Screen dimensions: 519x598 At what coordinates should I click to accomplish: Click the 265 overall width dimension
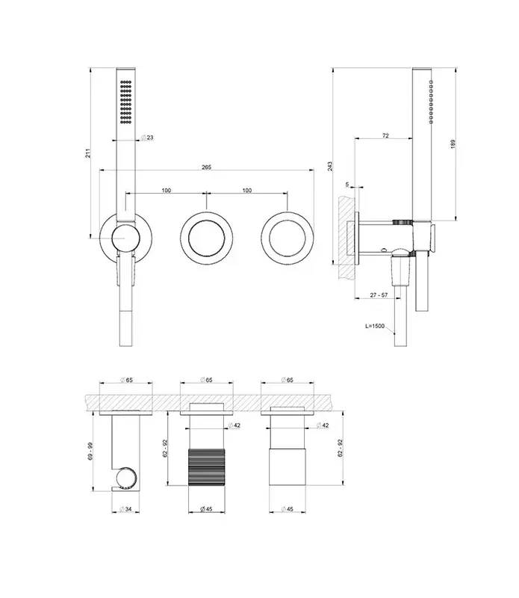[x=206, y=167]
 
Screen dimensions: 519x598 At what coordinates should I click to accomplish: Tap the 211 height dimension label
[x=88, y=153]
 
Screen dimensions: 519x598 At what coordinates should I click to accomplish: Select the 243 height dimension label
[x=330, y=166]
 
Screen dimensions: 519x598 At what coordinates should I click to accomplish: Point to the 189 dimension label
[x=453, y=144]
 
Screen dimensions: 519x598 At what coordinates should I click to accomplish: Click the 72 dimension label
[x=385, y=135]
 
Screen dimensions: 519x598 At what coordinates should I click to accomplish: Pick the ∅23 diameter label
[x=147, y=138]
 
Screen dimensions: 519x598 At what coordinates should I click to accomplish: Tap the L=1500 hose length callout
[x=375, y=326]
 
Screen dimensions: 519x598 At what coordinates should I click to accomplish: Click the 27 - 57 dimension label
[x=379, y=295]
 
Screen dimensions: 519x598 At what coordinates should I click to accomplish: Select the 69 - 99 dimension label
[x=90, y=451]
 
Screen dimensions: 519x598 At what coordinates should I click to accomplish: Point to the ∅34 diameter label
[x=125, y=509]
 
